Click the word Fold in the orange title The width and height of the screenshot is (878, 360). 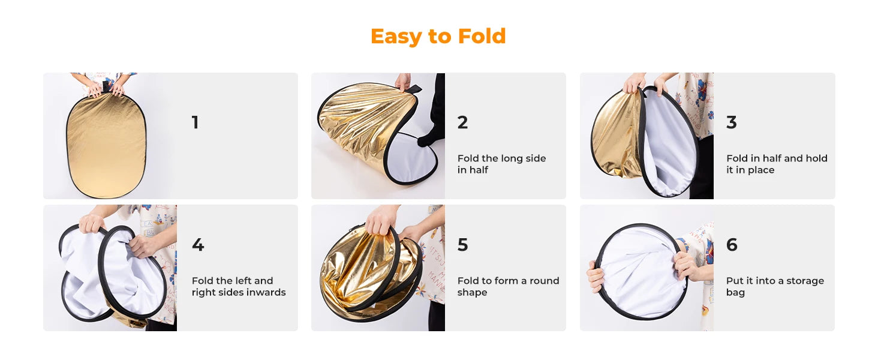tap(482, 36)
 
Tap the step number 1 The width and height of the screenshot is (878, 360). tap(195, 122)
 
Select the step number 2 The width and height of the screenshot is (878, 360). tap(462, 122)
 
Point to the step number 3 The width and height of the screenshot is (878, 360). tap(732, 122)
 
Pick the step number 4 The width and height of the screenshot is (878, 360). tap(198, 245)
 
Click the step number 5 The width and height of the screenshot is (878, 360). tap(462, 245)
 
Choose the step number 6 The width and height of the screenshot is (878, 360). tap(732, 245)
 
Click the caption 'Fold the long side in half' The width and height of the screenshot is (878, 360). tap(502, 164)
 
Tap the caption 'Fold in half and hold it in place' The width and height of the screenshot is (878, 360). tap(777, 164)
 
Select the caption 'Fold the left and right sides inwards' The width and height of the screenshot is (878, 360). tap(239, 286)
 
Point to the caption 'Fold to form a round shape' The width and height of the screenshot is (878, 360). tap(509, 286)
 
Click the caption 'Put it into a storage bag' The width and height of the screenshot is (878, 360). tap(775, 286)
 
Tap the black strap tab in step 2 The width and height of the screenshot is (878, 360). tap(413, 89)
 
